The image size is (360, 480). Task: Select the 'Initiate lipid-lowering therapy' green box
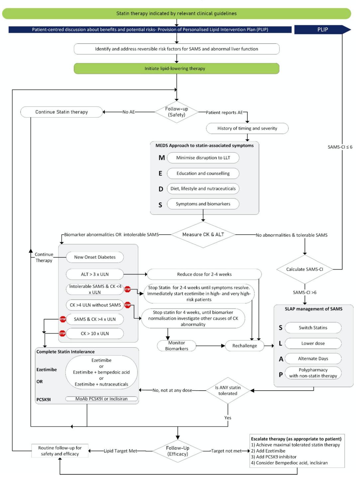pyautogui.click(x=177, y=68)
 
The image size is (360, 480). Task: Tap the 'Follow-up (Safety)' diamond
pyautogui.click(x=177, y=112)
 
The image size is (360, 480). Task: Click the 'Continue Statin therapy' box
pyautogui.click(x=61, y=112)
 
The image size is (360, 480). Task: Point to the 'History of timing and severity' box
pyautogui.click(x=247, y=128)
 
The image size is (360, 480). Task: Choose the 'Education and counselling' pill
pyautogui.click(x=203, y=174)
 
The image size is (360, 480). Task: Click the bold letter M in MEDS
pyautogui.click(x=162, y=158)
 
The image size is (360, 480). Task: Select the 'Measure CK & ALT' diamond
pyautogui.click(x=203, y=235)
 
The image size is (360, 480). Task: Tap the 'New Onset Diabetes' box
pyautogui.click(x=95, y=257)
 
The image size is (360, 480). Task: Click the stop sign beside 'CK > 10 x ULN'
pyautogui.click(x=62, y=333)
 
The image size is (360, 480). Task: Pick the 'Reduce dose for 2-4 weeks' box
pyautogui.click(x=204, y=274)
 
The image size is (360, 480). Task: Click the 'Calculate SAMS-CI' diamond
pyautogui.click(x=305, y=269)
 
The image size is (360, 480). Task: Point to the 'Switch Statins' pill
pyautogui.click(x=313, y=327)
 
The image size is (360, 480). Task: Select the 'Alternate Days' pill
pyautogui.click(x=313, y=358)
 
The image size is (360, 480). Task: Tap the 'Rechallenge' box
pyautogui.click(x=245, y=346)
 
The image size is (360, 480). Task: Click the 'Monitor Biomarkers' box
pyautogui.click(x=177, y=346)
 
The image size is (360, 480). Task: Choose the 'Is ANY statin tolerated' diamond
pyautogui.click(x=228, y=390)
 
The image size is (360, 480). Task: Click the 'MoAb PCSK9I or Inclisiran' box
pyautogui.click(x=101, y=399)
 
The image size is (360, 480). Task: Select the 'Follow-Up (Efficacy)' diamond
pyautogui.click(x=178, y=451)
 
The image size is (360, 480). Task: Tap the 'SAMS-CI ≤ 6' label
pyautogui.click(x=340, y=147)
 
